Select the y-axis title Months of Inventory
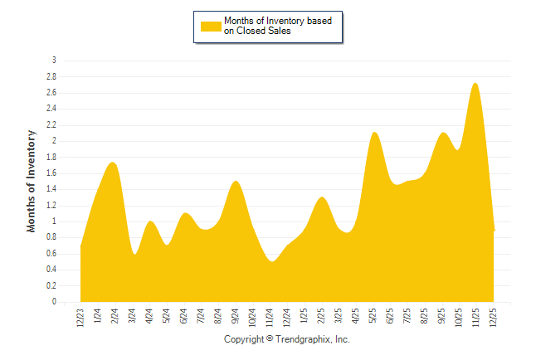(32, 180)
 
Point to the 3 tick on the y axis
(54, 61)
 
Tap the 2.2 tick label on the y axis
(51, 125)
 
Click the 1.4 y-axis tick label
(51, 189)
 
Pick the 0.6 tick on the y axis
(51, 254)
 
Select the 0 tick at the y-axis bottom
(54, 302)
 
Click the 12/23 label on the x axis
(80, 316)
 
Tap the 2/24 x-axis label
(115, 316)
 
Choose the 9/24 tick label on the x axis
(236, 316)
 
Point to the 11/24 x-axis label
(270, 316)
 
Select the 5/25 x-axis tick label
(374, 316)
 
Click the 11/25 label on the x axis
(477, 316)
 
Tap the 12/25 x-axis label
(495, 316)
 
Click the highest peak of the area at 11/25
(475, 84)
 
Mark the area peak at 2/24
(114, 163)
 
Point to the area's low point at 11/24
(271, 261)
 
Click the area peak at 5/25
(374, 133)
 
